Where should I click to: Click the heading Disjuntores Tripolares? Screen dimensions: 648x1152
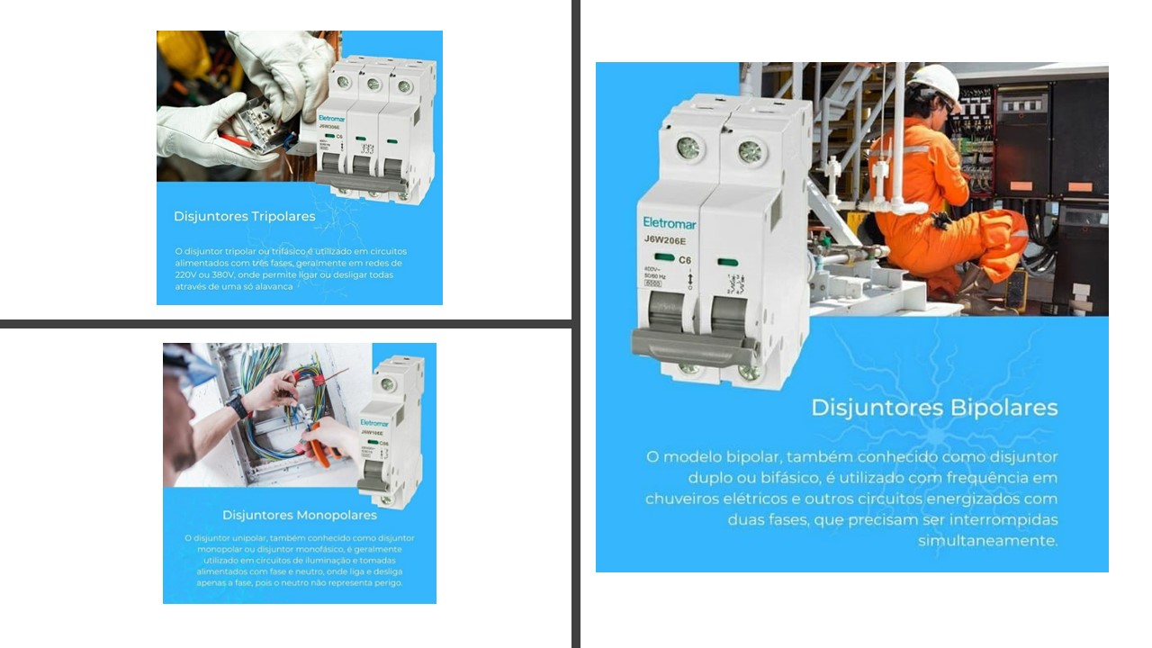coord(244,216)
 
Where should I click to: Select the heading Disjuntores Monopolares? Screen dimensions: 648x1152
coord(300,515)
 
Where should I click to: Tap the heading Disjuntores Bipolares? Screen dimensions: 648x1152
coord(934,408)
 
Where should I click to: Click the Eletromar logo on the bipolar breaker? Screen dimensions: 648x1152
coord(669,222)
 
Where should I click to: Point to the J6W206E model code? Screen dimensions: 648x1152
coord(665,239)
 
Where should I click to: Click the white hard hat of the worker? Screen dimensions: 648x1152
coord(935,81)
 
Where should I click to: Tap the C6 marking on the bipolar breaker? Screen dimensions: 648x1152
coord(685,260)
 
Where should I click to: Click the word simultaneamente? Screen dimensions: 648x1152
coord(987,541)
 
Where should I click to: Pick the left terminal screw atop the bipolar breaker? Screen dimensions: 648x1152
coord(688,148)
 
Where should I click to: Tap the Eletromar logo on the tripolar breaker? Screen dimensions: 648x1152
coord(331,119)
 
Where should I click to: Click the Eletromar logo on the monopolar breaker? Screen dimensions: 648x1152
coord(374,423)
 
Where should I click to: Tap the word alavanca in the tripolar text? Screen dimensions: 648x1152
coord(270,287)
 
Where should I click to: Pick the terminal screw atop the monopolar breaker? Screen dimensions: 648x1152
coord(388,384)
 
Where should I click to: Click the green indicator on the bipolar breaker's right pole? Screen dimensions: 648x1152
coord(728,263)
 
